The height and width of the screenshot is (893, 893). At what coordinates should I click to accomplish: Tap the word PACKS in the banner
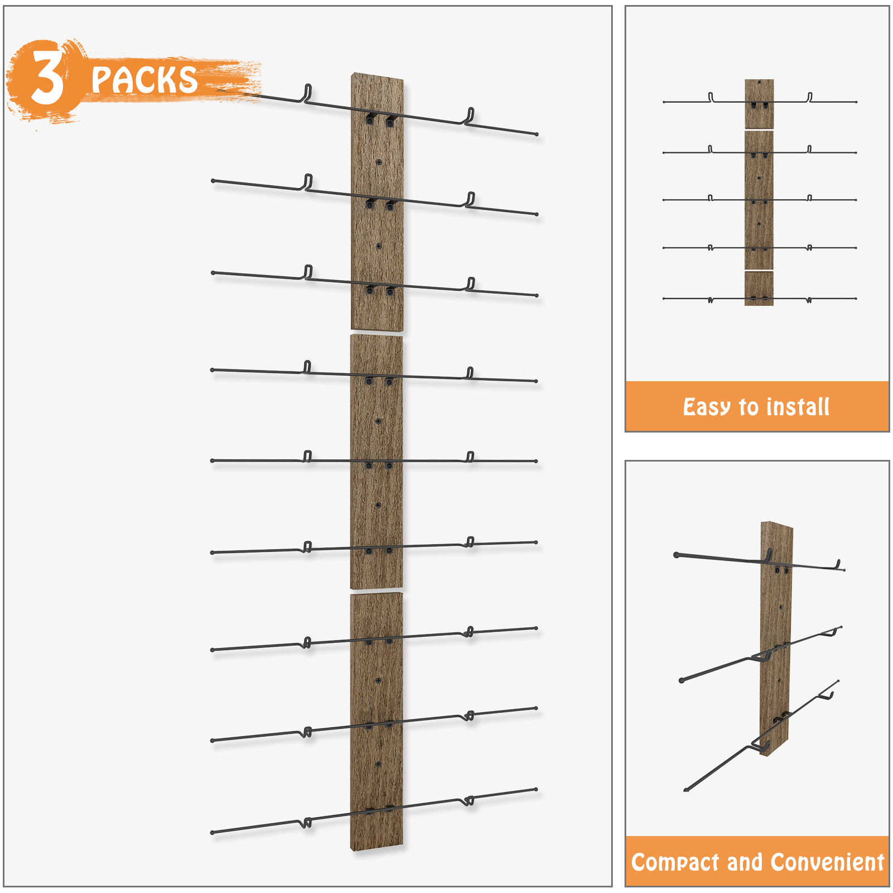144,79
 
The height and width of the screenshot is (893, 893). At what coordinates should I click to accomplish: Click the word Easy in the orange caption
707,407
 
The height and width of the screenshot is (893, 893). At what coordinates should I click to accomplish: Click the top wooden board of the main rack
377,201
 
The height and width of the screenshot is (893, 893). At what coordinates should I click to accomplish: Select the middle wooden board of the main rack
377,462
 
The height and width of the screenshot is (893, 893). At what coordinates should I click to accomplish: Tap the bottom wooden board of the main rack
377,722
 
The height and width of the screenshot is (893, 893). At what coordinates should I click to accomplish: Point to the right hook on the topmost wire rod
470,116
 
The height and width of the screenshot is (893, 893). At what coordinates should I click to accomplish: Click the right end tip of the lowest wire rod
536,789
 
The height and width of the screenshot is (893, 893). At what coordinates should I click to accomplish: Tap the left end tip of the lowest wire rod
212,833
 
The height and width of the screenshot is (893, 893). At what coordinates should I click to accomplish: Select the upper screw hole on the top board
379,162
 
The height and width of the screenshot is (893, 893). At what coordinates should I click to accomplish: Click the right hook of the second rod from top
470,199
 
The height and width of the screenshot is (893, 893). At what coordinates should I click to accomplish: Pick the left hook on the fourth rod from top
307,367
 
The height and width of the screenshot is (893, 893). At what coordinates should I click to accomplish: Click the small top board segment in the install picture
759,104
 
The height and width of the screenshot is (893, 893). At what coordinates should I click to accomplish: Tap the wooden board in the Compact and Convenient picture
776,638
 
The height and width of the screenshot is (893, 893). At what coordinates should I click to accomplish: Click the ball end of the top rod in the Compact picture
676,555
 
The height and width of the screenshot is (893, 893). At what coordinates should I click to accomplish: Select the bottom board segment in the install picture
759,289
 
